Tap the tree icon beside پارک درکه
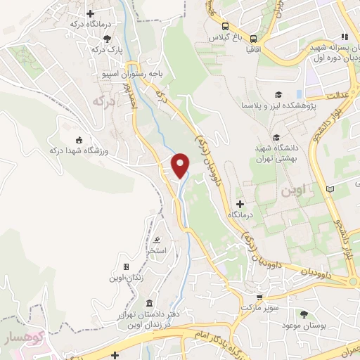click(x=107, y=39)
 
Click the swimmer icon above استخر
click(x=156, y=238)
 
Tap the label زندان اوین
click(x=126, y=278)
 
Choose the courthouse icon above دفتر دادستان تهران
click(x=148, y=301)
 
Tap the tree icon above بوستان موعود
click(x=304, y=314)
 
